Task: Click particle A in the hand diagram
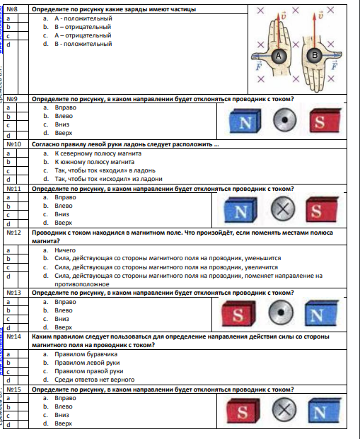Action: coord(279,56)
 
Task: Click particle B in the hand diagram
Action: coord(315,55)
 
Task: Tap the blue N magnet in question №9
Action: coord(245,121)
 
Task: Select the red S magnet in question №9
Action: coord(325,121)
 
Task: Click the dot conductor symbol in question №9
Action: coord(284,120)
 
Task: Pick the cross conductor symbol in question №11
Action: coord(283,209)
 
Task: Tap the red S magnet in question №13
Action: coord(238,314)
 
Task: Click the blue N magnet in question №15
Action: coord(325,411)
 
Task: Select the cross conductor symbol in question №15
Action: coord(284,409)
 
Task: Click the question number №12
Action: coord(13,233)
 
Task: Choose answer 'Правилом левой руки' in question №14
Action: coord(87,363)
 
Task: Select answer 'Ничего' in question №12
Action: coord(65,250)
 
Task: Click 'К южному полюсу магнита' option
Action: coord(94,162)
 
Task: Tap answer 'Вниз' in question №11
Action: coord(62,214)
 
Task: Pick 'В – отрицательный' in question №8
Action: coord(83,27)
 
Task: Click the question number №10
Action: coord(13,144)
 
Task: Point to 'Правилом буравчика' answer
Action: coord(86,354)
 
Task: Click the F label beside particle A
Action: coord(259,66)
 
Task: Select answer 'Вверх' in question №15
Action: coord(64,423)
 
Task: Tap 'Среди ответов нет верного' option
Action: coord(94,380)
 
